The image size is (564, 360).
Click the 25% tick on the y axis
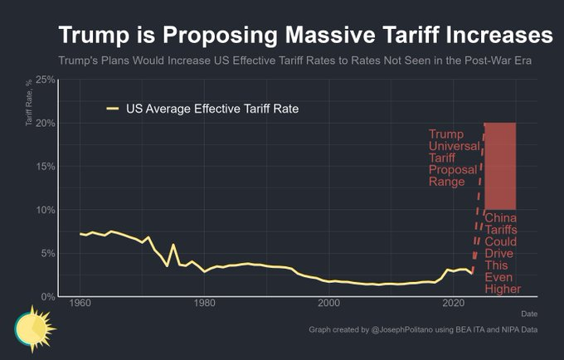(46, 80)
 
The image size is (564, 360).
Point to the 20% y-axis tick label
(46, 123)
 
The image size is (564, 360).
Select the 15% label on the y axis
(46, 166)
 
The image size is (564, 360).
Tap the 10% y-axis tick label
(46, 209)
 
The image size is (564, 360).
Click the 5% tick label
(49, 252)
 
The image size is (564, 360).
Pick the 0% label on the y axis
(49, 296)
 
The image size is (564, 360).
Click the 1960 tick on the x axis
(80, 304)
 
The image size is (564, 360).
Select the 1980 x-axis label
(204, 304)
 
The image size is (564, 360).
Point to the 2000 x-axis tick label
(329, 304)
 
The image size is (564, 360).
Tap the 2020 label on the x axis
(453, 304)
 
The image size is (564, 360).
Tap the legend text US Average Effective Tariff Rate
(211, 108)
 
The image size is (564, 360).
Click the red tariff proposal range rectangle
(500, 165)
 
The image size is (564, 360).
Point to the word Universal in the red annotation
(453, 146)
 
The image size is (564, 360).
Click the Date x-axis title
(528, 314)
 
